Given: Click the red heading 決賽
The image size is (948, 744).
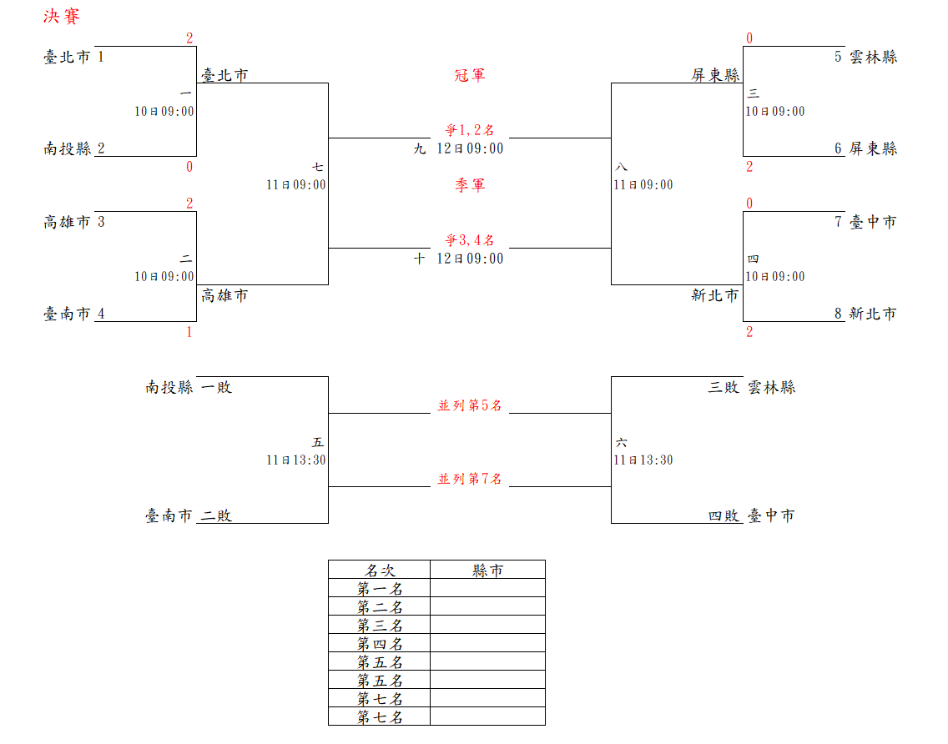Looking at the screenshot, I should tap(61, 18).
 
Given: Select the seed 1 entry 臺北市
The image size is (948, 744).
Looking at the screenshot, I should tap(67, 58).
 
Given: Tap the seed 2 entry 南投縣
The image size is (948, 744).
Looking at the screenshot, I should tap(68, 149).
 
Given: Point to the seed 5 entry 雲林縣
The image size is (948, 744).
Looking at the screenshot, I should tap(873, 58).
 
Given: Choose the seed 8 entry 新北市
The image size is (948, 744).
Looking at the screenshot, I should tap(873, 314).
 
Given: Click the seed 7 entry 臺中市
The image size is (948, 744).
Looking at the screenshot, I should tap(873, 223).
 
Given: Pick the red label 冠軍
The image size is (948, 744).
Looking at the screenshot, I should tap(470, 76).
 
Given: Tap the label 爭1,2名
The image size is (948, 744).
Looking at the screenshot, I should tap(470, 130).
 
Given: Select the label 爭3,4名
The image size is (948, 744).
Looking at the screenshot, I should tap(470, 240).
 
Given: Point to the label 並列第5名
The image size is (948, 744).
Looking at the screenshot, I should tap(470, 406).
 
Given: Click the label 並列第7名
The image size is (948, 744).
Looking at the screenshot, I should tap(470, 480).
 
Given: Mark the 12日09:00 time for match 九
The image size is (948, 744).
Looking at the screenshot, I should tap(470, 149).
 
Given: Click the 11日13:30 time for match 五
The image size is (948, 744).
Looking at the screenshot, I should tap(296, 460).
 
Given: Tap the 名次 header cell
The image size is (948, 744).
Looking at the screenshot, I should tap(380, 571).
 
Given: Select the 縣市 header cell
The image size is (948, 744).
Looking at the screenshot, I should tap(487, 571).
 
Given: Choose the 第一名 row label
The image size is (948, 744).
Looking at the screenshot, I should tap(380, 589).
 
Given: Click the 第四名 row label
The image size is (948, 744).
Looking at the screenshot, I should tap(380, 644).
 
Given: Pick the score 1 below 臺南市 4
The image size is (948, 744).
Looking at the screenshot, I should tap(189, 333).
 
